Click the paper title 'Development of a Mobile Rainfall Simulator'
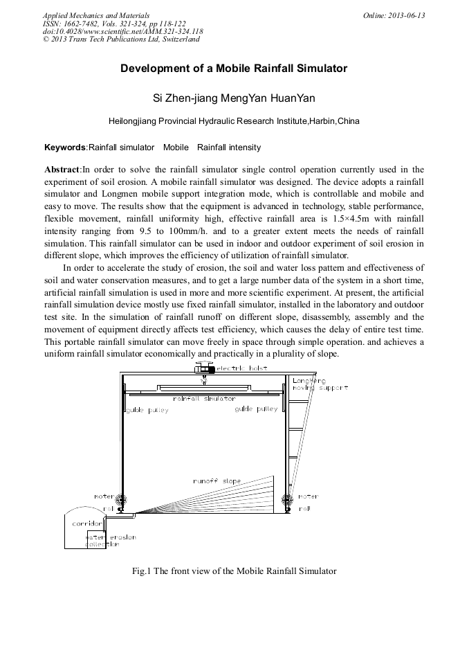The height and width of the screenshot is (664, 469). [x=234, y=69]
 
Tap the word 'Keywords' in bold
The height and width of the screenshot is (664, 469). [x=65, y=147]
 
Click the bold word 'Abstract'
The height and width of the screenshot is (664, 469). [x=62, y=170]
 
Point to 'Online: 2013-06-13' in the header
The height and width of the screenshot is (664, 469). [x=394, y=15]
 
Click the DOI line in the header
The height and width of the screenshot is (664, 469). [x=123, y=31]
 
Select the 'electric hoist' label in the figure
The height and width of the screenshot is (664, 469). [x=242, y=368]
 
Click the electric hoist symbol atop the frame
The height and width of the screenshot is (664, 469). [x=204, y=375]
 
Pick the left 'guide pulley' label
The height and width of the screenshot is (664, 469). [x=147, y=410]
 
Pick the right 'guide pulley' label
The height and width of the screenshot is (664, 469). [x=256, y=409]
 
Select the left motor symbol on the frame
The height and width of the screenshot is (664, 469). [x=122, y=499]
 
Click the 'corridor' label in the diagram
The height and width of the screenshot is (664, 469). [x=87, y=524]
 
